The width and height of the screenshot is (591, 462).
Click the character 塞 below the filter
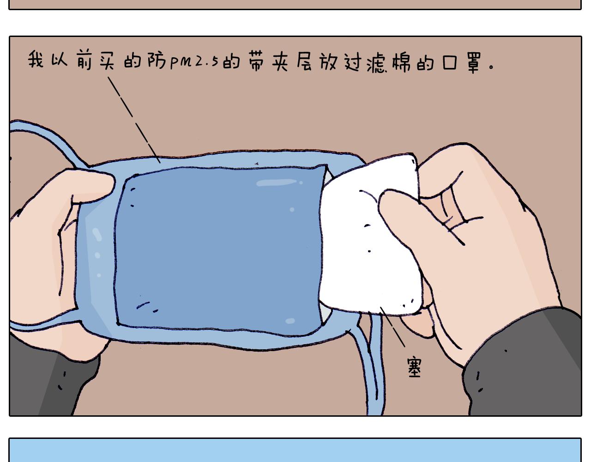click(x=414, y=367)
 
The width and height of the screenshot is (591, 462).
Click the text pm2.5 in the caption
click(x=194, y=62)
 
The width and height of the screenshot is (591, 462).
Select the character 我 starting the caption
click(x=36, y=59)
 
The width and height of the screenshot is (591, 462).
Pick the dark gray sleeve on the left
click(x=52, y=381)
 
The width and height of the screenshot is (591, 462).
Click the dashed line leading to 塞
click(x=392, y=327)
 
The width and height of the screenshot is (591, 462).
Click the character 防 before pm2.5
click(x=157, y=61)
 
